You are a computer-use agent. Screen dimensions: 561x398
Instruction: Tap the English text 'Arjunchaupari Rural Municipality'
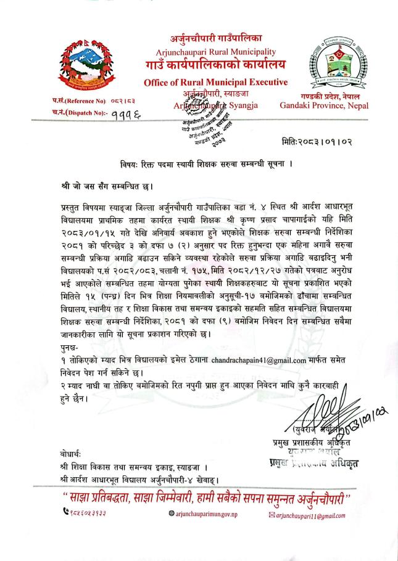[x=215, y=52]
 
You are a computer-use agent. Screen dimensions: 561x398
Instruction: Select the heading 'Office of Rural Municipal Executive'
[x=215, y=83]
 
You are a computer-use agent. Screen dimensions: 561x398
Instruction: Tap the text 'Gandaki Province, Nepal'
[x=324, y=105]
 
